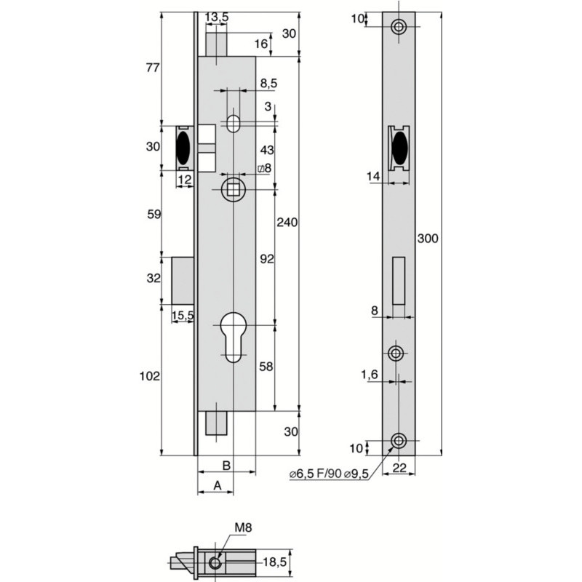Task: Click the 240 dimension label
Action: click(287, 222)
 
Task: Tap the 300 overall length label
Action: click(428, 238)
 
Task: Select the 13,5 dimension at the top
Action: click(217, 17)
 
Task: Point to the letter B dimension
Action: click(226, 465)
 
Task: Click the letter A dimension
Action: click(218, 485)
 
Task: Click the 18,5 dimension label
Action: click(275, 562)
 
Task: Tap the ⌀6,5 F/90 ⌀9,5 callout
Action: click(329, 474)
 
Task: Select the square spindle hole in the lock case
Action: click(233, 190)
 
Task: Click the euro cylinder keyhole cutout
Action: click(233, 338)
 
